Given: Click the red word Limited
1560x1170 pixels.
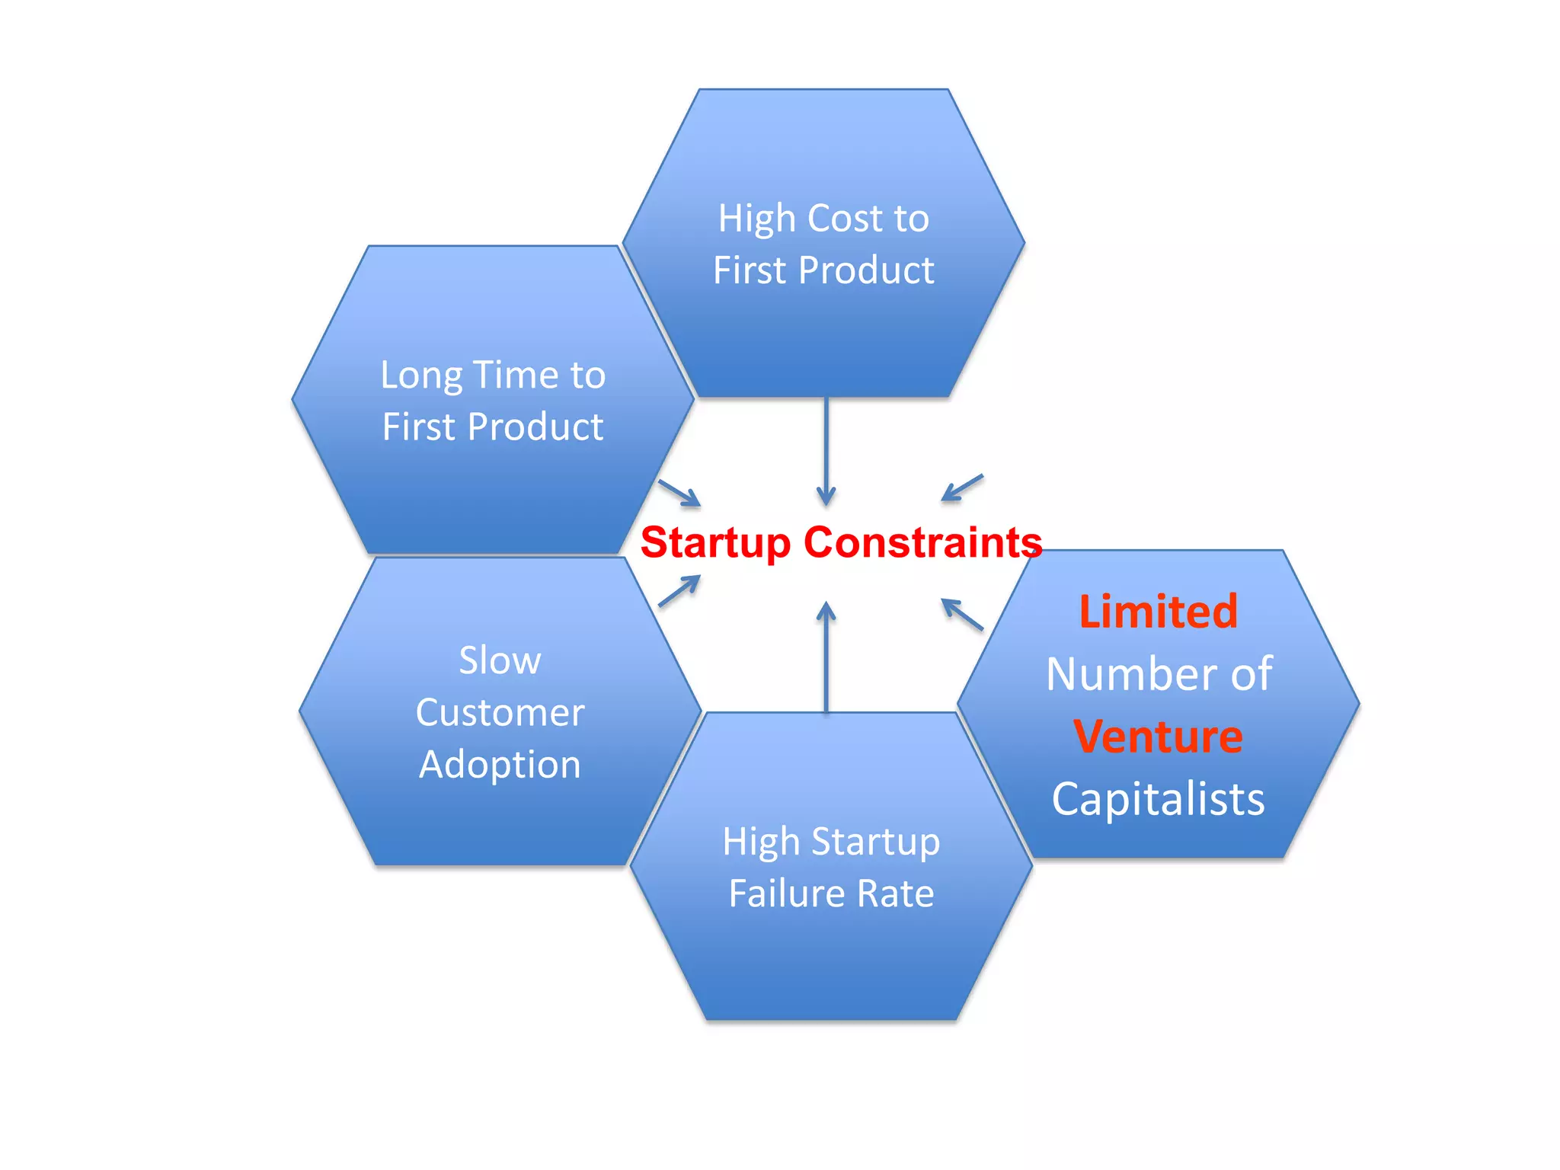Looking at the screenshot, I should click(x=1158, y=612).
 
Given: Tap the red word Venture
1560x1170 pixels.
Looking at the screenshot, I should click(x=1158, y=737).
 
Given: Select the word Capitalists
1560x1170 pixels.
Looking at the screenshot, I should click(x=1158, y=799).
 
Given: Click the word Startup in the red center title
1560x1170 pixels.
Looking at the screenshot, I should click(x=716, y=544).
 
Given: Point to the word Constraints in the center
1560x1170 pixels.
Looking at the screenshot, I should click(x=922, y=542).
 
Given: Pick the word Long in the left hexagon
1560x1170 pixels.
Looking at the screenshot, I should click(x=420, y=376).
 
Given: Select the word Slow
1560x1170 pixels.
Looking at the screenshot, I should click(x=500, y=660).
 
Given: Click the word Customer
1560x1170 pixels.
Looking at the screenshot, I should click(x=500, y=713).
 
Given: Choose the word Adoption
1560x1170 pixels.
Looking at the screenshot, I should click(x=500, y=765).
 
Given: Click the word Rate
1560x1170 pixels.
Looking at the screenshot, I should click(x=896, y=893).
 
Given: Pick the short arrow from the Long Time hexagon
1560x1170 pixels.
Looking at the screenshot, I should click(x=679, y=493).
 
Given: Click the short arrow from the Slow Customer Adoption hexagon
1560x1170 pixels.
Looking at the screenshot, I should click(x=679, y=591).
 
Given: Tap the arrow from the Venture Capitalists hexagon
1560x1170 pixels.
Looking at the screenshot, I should click(x=962, y=615).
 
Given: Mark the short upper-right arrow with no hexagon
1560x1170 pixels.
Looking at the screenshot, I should click(x=963, y=487).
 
